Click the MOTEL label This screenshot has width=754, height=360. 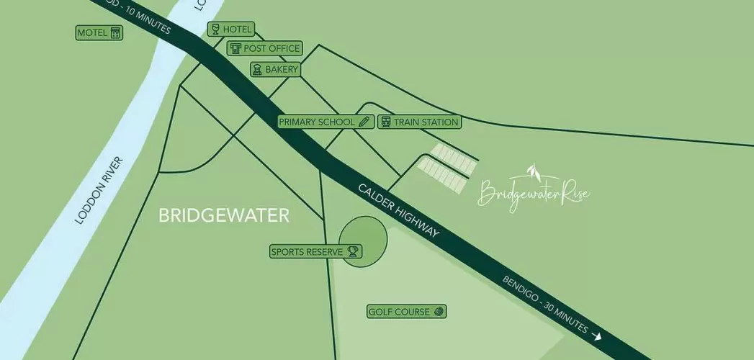(x=92, y=33)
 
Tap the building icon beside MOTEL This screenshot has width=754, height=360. (x=115, y=33)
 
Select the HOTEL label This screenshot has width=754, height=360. (x=238, y=30)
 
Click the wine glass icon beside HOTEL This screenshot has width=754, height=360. (x=214, y=30)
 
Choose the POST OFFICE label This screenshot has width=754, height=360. (x=271, y=48)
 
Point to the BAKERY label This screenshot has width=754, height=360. (x=281, y=69)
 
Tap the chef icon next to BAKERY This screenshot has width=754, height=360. (x=256, y=69)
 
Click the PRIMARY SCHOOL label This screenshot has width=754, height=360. (x=317, y=122)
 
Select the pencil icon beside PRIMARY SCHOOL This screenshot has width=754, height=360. (x=364, y=122)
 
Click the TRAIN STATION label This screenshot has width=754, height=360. (x=426, y=122)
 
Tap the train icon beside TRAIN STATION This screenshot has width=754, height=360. (x=385, y=122)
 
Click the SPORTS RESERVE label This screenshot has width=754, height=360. (x=307, y=252)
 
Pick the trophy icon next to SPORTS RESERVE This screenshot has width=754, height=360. (x=353, y=252)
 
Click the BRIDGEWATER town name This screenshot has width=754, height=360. (x=223, y=215)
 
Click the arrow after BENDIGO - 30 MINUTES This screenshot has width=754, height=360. (x=596, y=335)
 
